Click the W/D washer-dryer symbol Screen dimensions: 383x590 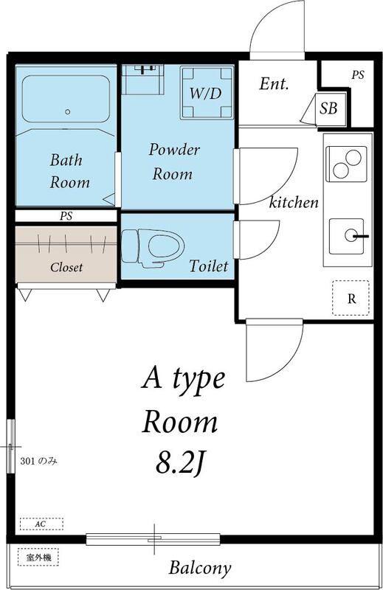click(x=207, y=93)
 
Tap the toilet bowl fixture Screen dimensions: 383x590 click(x=153, y=248)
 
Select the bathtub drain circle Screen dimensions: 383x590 click(x=68, y=112)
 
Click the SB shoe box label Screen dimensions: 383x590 click(x=328, y=108)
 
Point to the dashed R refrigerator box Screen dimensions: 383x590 click(x=351, y=298)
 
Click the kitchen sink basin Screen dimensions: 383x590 click(x=347, y=236)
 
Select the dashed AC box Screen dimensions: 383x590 click(x=41, y=524)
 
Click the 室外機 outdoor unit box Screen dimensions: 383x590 click(x=38, y=557)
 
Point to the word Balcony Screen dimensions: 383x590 click(x=199, y=569)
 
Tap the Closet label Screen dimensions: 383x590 click(x=66, y=267)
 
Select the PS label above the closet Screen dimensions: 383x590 click(x=66, y=216)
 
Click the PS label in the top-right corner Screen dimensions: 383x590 click(x=358, y=75)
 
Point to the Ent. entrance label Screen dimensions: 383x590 click(x=275, y=83)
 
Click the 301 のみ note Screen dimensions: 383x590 click(x=38, y=460)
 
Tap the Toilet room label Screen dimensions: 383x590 click(x=209, y=266)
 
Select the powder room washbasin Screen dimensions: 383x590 click(x=143, y=80)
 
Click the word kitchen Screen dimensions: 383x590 click(x=294, y=202)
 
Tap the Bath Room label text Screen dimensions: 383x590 click(x=69, y=171)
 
